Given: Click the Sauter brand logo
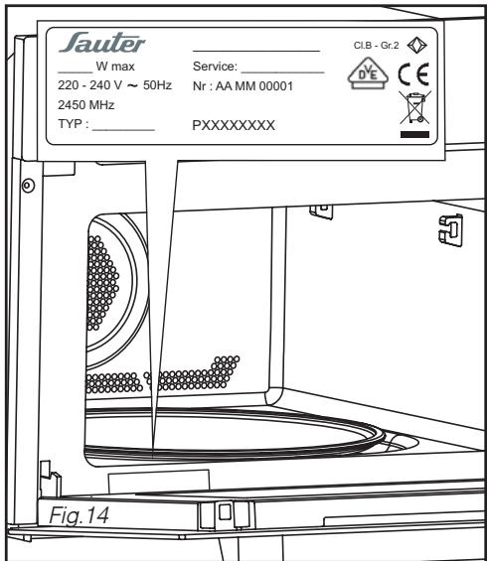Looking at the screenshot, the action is point(102,43).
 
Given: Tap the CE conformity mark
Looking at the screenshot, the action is point(413,74).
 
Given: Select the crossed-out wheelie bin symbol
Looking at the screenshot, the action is point(415,107).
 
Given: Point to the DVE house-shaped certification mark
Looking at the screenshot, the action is point(368,73).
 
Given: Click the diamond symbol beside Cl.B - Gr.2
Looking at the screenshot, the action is point(417,46).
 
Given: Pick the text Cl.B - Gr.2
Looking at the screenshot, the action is point(376,46).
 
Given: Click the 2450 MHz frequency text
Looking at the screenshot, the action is point(85,105).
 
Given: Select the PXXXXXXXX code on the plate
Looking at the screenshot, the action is point(234,125).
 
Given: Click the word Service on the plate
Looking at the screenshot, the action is point(215,67).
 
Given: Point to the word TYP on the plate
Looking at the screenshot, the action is point(71,124).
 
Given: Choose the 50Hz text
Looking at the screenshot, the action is point(157,85).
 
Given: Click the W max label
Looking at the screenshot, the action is point(115,67).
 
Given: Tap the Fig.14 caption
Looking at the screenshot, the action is point(79,515).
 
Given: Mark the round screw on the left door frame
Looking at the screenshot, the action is point(28,186).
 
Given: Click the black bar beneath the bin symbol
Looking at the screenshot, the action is point(414,134).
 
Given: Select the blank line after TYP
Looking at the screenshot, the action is point(123,130).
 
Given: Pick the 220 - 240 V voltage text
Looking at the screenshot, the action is point(89,85).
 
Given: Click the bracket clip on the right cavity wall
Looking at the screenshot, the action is point(451,229).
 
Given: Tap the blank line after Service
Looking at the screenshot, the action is point(283,72).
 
